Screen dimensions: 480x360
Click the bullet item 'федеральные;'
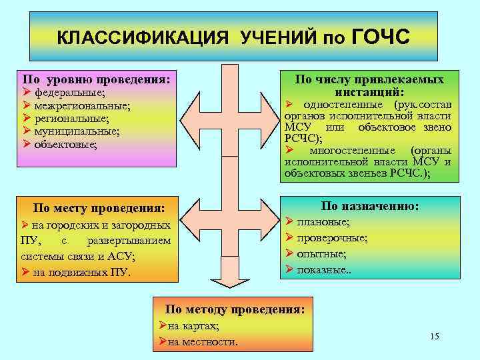69,93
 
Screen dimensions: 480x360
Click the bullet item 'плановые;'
323,223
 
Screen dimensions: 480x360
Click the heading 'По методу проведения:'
235,309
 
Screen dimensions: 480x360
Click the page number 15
435,336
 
